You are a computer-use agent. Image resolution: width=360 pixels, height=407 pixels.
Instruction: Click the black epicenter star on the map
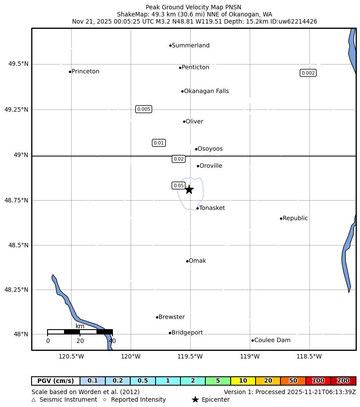click(x=189, y=189)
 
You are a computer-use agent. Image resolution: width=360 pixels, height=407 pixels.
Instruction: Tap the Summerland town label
click(x=190, y=45)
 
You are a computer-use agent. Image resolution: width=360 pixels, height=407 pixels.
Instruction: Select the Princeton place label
click(x=85, y=72)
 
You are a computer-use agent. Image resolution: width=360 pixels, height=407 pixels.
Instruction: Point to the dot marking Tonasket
click(x=197, y=208)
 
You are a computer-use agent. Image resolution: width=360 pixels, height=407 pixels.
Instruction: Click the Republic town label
click(x=295, y=218)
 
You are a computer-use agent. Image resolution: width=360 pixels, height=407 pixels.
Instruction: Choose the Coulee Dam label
click(x=272, y=340)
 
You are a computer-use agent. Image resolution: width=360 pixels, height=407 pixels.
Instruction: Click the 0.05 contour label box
click(x=179, y=185)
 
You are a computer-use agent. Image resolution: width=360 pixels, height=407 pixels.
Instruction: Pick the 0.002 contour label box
click(x=308, y=73)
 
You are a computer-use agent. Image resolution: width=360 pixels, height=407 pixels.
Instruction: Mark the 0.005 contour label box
click(x=144, y=109)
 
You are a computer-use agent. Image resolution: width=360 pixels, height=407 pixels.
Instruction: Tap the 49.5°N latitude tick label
click(x=18, y=64)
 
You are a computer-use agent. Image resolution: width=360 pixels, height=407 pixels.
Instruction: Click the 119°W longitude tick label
click(x=250, y=356)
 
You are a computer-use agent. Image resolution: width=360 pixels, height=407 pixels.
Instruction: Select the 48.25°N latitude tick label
click(x=16, y=290)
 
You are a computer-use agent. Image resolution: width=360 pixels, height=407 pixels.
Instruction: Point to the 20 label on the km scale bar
click(x=80, y=341)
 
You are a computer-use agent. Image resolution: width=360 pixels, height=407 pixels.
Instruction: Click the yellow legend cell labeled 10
click(x=243, y=381)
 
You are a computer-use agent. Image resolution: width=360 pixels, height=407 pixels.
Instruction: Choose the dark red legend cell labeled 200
click(x=343, y=381)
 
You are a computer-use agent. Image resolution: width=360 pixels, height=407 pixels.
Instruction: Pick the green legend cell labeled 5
click(x=218, y=381)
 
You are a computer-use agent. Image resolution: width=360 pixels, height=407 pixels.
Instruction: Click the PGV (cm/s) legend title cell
click(x=56, y=381)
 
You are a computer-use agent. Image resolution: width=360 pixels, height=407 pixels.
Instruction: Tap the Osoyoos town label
click(x=210, y=149)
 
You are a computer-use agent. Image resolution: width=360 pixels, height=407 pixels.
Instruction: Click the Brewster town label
click(x=172, y=317)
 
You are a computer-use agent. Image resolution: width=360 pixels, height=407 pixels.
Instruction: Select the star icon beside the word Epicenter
click(x=195, y=399)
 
